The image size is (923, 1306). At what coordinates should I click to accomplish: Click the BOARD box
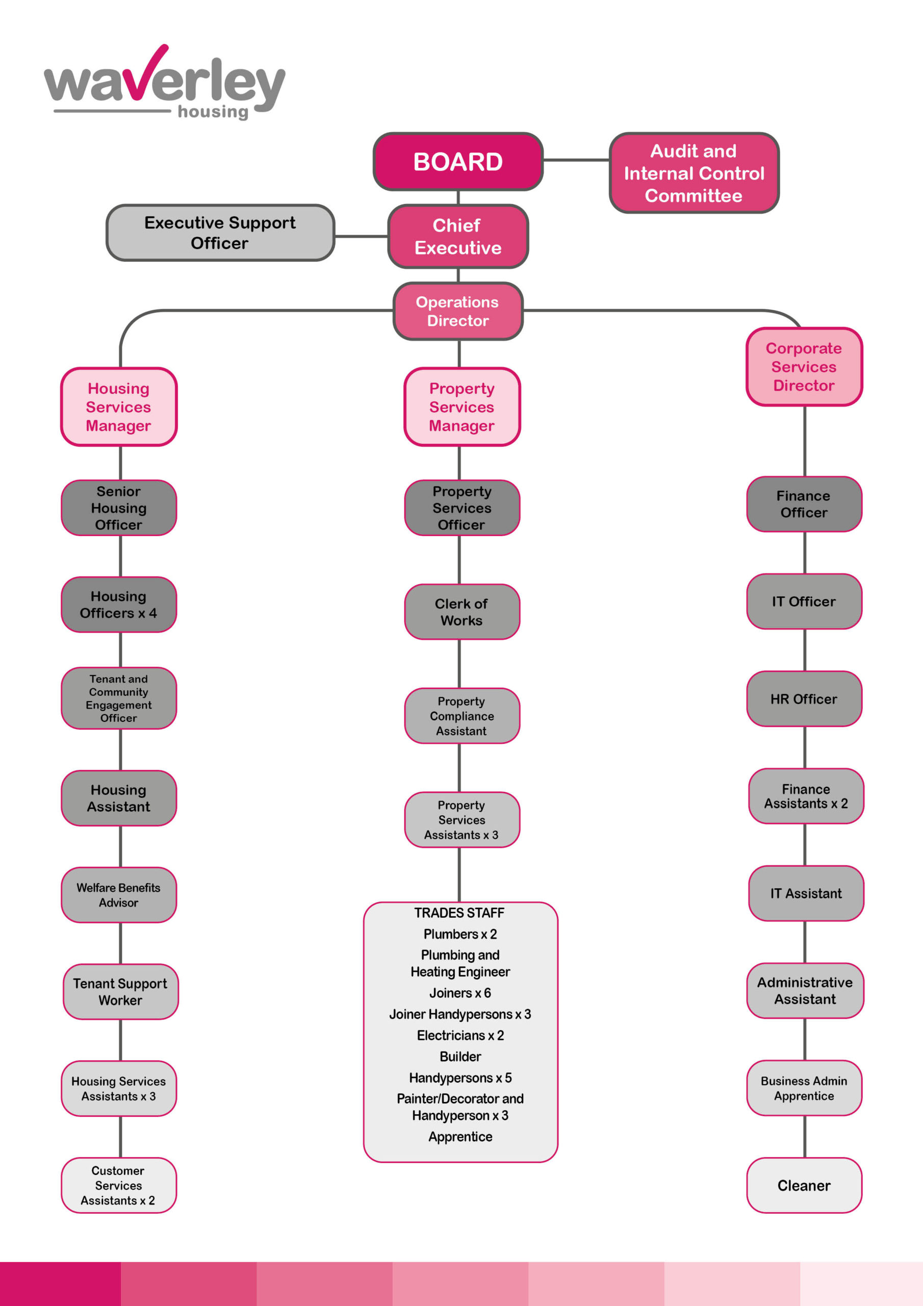pyautogui.click(x=458, y=162)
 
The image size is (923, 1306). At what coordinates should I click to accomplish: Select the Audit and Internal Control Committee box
pyautogui.click(x=694, y=173)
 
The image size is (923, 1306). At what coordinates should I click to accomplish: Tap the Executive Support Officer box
pyautogui.click(x=220, y=233)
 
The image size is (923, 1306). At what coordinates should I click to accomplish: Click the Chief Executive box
pyautogui.click(x=458, y=236)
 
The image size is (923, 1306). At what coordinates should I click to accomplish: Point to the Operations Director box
pyautogui.click(x=458, y=311)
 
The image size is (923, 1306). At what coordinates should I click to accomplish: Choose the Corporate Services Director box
pyautogui.click(x=804, y=367)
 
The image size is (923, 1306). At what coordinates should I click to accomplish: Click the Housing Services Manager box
pyautogui.click(x=119, y=407)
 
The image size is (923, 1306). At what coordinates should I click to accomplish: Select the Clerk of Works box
pyautogui.click(x=461, y=612)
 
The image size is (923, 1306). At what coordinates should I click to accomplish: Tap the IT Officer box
pyautogui.click(x=804, y=601)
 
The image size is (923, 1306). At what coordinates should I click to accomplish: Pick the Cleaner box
pyautogui.click(x=804, y=1186)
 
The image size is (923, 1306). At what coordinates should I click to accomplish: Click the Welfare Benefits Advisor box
pyautogui.click(x=119, y=895)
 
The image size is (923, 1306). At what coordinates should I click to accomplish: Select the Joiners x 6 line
pyautogui.click(x=460, y=993)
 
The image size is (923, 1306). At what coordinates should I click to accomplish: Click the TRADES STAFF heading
pyautogui.click(x=459, y=913)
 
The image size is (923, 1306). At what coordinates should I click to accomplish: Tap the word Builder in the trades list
pyautogui.click(x=460, y=1057)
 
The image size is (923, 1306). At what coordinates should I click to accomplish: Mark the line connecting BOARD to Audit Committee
pyautogui.click(x=576, y=160)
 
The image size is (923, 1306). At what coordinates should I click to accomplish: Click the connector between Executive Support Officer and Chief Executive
pyautogui.click(x=361, y=236)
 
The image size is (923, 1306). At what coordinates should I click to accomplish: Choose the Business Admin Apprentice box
pyautogui.click(x=804, y=1088)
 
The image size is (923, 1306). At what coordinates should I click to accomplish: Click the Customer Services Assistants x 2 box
pyautogui.click(x=119, y=1186)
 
